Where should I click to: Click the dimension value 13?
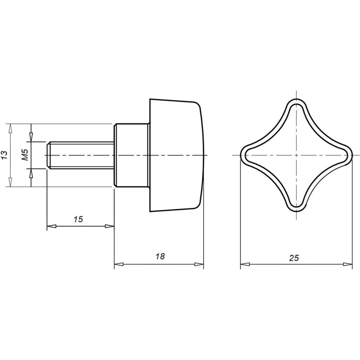point(5,155)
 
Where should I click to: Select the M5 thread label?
point(25,155)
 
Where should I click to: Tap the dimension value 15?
point(78,219)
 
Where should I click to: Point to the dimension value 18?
point(160,256)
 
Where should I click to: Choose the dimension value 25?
point(294,258)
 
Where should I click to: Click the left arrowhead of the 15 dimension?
point(51,226)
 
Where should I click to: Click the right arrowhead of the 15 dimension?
point(109,226)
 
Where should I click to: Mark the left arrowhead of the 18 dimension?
point(119,264)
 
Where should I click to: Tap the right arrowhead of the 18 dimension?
point(199,264)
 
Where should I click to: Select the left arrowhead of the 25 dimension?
point(245,264)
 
